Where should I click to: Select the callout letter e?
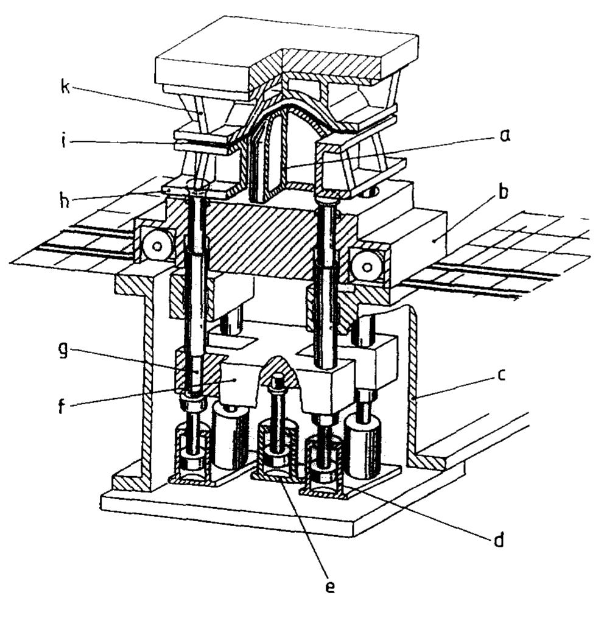(329, 586)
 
